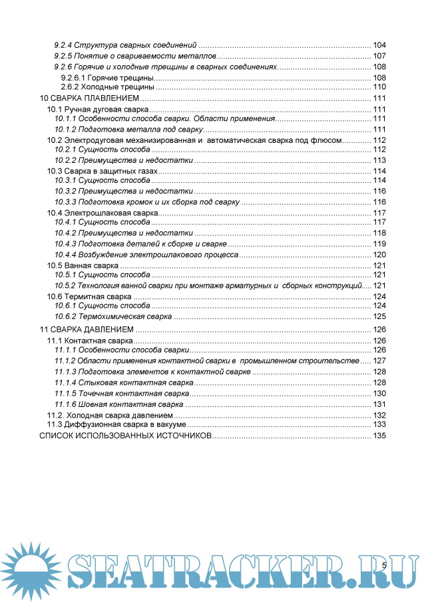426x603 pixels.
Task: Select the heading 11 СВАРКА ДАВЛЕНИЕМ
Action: click(x=87, y=329)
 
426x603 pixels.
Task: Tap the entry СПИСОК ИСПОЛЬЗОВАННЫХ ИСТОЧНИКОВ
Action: click(x=125, y=436)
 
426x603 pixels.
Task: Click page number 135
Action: click(x=379, y=436)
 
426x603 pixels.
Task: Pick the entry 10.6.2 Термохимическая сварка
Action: click(x=113, y=316)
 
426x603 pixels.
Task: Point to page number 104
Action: click(x=379, y=45)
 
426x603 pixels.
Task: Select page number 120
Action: click(x=379, y=255)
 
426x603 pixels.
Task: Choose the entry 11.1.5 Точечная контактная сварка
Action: click(x=122, y=394)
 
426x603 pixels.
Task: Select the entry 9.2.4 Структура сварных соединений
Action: click(x=126, y=45)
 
